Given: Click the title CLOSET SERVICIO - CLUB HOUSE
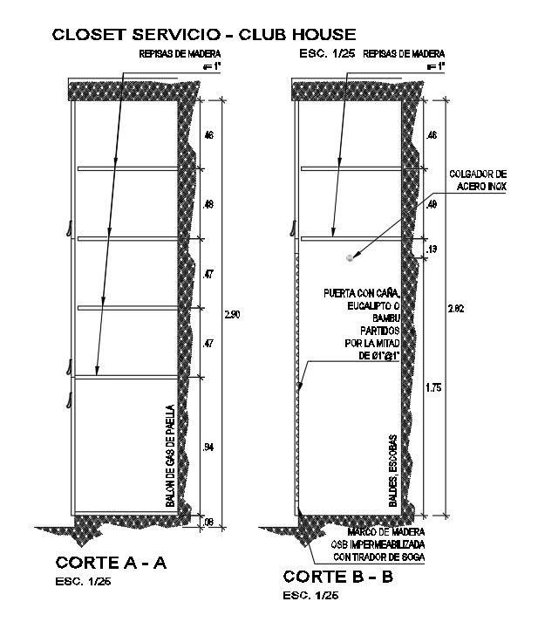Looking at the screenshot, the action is (x=203, y=35).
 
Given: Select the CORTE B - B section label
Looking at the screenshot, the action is (x=337, y=577).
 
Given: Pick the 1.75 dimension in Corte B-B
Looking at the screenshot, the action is (x=432, y=388).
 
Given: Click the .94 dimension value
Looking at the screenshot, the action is (x=208, y=448).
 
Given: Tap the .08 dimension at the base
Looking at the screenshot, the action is (x=208, y=522).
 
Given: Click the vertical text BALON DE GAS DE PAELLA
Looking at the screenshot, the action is (x=170, y=456).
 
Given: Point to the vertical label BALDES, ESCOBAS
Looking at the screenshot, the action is (x=394, y=471).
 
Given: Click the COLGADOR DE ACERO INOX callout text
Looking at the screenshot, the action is (x=477, y=180).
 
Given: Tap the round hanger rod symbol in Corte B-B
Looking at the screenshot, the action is (x=350, y=257).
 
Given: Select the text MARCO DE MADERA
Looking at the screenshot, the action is (x=386, y=531).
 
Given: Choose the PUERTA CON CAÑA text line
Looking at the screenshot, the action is (x=362, y=293).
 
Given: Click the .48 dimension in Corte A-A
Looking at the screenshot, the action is (x=208, y=205).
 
